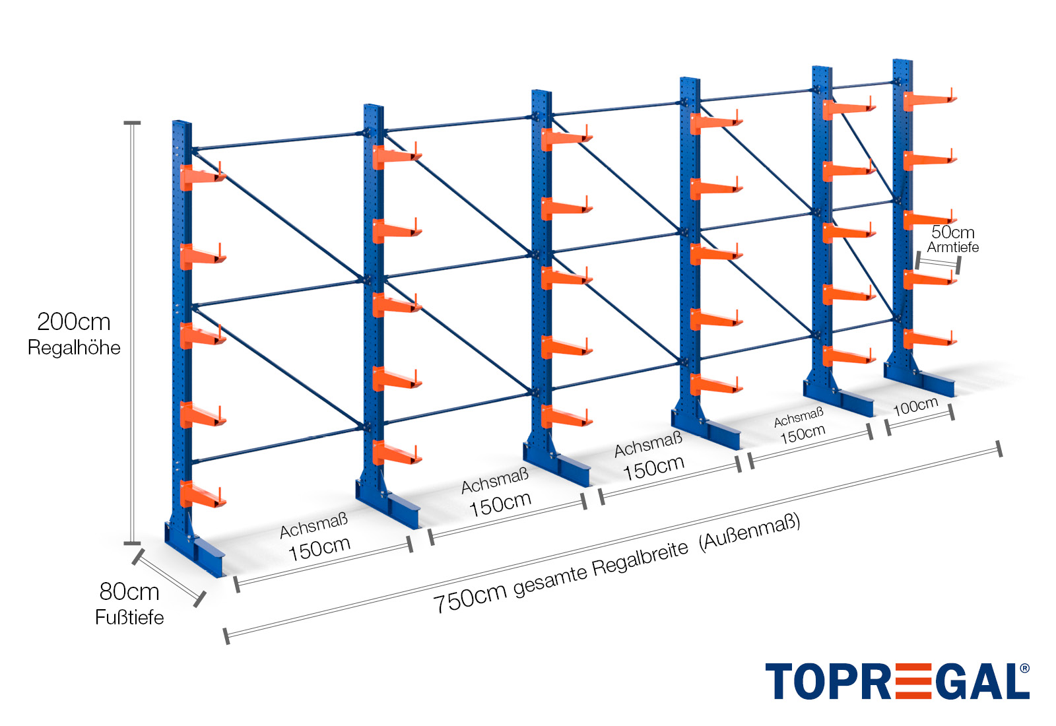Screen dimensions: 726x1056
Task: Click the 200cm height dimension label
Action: tap(73, 322)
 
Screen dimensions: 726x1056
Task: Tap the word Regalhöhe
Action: tap(74, 348)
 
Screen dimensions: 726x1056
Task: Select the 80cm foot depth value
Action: tap(129, 591)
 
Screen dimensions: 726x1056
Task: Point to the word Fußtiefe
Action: tap(129, 618)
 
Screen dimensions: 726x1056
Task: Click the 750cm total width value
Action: tap(469, 598)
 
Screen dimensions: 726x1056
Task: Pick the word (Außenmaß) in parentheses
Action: tap(750, 531)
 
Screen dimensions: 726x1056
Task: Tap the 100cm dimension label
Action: tap(915, 407)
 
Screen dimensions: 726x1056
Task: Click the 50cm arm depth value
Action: tap(952, 232)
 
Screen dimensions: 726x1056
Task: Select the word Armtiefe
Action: tap(952, 247)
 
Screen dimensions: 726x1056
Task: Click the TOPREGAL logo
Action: tap(894, 681)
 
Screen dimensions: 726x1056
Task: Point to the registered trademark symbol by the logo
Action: tap(1024, 669)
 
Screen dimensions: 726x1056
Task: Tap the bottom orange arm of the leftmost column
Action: tap(202, 495)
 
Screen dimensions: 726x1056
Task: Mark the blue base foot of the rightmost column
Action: tap(921, 379)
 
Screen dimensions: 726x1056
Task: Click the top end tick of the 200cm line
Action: tap(132, 123)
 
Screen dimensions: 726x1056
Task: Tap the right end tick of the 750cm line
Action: tap(999, 449)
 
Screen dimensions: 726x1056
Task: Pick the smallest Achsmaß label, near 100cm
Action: tap(799, 417)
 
